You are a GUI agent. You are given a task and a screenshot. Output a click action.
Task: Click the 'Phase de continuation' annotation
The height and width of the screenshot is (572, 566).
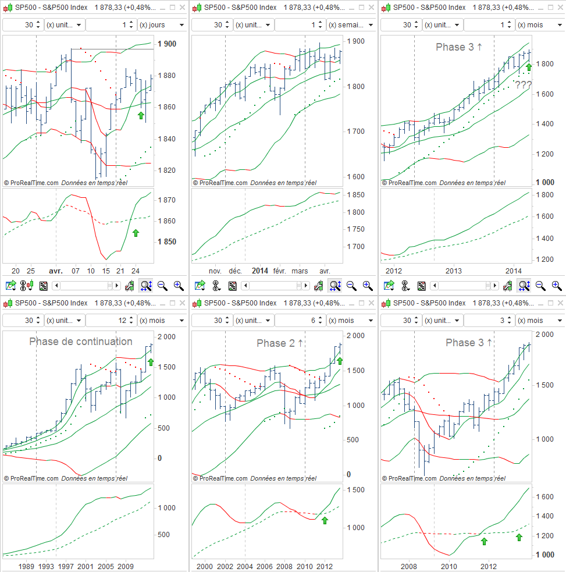coord(81,342)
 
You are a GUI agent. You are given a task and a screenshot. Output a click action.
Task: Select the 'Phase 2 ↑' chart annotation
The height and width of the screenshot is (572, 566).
coord(280,343)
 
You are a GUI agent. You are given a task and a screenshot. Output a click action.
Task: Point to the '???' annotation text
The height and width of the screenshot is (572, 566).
coord(523,85)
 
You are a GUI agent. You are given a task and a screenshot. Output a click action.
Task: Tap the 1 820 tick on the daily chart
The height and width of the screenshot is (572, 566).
coord(167,170)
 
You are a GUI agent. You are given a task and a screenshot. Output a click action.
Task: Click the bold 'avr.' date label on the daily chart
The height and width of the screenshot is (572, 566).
coord(56,271)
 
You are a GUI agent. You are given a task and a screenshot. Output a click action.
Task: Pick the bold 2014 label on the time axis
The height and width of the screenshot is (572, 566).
coord(260,271)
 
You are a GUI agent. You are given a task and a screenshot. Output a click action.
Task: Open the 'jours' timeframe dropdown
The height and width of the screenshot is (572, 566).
coord(162,25)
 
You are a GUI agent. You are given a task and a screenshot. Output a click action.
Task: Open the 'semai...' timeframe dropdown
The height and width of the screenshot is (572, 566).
coord(351,25)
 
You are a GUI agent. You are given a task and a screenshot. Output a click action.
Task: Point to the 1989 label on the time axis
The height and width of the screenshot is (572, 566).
coord(27,566)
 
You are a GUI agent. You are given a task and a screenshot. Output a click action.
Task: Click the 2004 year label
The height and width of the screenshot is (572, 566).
coord(245,566)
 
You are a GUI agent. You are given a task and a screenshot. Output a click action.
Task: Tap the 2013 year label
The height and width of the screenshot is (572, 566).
coord(454,271)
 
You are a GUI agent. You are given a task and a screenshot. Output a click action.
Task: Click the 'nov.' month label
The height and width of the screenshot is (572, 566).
coord(215,271)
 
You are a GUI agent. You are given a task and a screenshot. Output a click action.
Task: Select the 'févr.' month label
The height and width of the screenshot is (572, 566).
coord(280,271)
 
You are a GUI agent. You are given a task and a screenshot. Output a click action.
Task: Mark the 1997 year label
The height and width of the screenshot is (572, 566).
coord(66,566)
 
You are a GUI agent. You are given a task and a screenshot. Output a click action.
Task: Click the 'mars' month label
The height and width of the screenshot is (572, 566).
coord(300,271)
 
